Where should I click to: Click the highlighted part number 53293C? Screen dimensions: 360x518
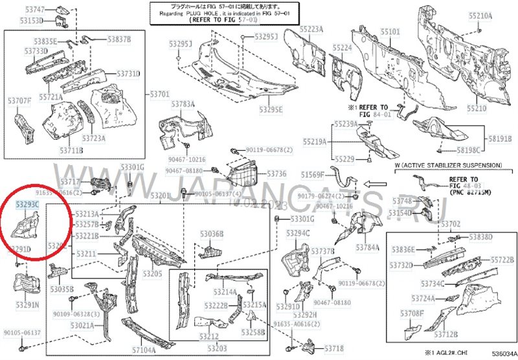click(28, 205)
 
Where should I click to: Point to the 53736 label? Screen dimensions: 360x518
click(276, 174)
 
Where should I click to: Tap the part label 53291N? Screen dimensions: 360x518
click(28, 304)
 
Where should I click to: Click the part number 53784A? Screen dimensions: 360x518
click(368, 247)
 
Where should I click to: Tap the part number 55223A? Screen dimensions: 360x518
click(311, 30)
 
